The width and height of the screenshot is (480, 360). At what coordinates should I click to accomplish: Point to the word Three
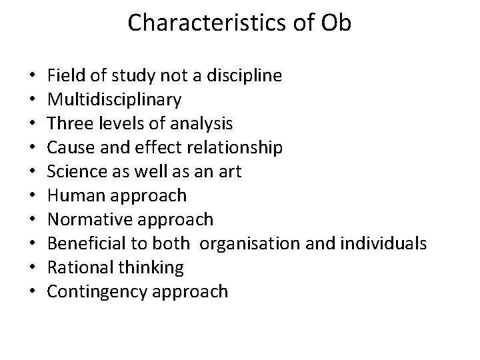coord(69,124)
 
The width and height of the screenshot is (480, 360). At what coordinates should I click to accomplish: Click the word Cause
coord(69,148)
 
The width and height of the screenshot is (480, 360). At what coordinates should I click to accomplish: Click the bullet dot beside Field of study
coord(33,76)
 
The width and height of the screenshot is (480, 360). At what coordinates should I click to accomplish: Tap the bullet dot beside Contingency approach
coord(33,292)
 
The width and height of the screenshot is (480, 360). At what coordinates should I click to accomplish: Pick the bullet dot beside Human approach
coord(33,196)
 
